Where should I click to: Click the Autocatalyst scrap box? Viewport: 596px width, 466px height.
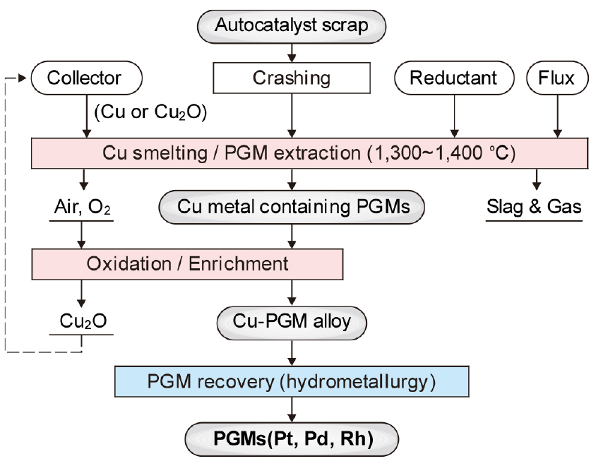coord(292,26)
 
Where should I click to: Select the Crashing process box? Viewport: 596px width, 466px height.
coord(291,77)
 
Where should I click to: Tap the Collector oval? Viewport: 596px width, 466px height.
coord(85,77)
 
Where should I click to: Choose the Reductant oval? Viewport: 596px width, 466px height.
coord(454,77)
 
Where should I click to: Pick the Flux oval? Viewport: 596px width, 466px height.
coord(558,77)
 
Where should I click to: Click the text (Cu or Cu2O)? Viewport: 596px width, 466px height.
coord(150,112)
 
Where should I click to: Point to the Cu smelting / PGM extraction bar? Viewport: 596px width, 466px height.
coord(311,152)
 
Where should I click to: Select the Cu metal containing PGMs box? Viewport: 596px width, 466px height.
coord(292,206)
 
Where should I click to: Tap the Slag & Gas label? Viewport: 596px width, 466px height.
coord(534,206)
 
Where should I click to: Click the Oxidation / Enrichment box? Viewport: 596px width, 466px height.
coord(187,264)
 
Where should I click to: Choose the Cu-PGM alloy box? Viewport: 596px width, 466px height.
coord(292,321)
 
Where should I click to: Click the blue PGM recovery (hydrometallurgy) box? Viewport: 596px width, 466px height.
coord(292,381)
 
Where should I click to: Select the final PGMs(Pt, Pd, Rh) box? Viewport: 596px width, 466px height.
coord(292,437)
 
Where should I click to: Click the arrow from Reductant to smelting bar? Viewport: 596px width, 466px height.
coord(454,113)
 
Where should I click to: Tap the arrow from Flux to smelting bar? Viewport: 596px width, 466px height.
coord(558,113)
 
